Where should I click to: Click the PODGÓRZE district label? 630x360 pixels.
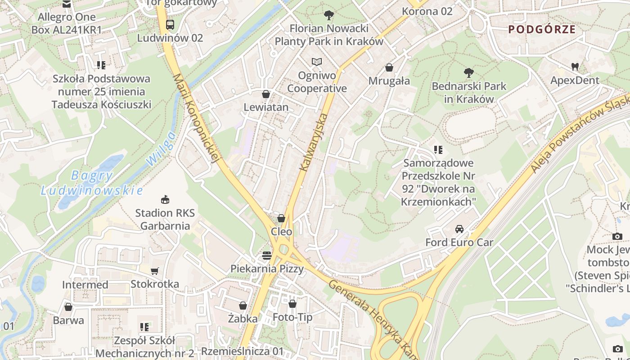[x=542, y=30]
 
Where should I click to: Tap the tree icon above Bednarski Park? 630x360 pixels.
[x=468, y=72]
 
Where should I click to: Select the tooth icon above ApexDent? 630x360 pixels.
[x=575, y=67]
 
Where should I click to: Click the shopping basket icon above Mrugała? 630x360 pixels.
[x=389, y=67]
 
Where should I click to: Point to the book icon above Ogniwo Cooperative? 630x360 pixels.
[x=317, y=62]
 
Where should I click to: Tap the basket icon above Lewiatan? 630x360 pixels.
[x=266, y=94]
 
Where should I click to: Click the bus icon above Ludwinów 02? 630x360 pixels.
[x=170, y=25]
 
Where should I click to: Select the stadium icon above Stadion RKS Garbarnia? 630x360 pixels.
[x=165, y=199]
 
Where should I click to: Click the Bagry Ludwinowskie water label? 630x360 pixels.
[x=92, y=183]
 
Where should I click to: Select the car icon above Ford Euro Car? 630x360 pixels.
[x=459, y=229]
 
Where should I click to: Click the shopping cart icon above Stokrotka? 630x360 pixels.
[x=155, y=271]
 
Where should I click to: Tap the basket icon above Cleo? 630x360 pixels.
[x=281, y=218]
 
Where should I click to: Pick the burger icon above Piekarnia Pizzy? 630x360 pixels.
[x=267, y=256]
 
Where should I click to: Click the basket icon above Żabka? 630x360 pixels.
[x=243, y=306]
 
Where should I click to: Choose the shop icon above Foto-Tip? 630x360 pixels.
[x=292, y=304]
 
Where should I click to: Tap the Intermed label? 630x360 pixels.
[x=85, y=285]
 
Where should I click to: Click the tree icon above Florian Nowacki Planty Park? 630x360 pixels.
[x=329, y=15]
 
